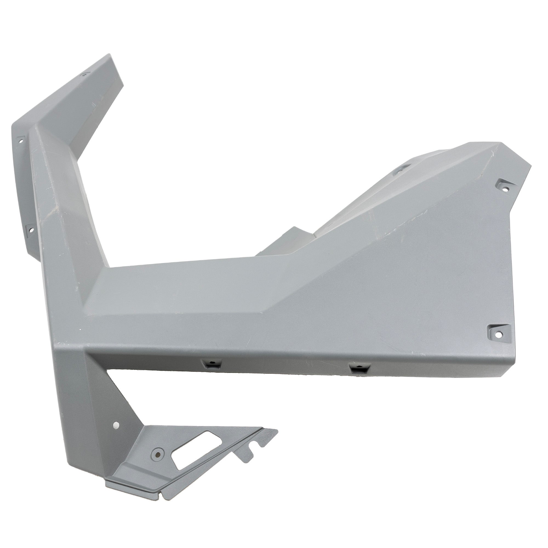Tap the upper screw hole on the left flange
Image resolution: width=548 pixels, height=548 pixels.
click(x=21, y=140)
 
